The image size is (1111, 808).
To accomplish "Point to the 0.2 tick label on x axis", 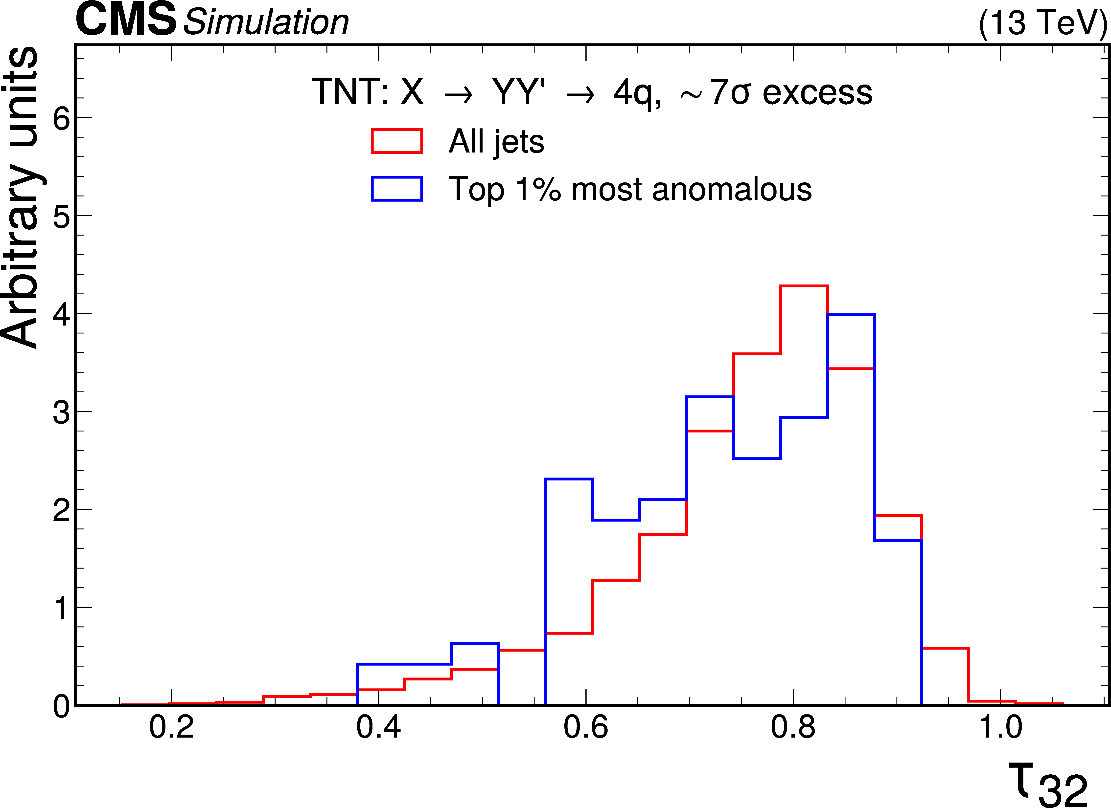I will pos(171,727).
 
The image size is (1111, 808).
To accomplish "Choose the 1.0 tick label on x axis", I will pos(1000,727).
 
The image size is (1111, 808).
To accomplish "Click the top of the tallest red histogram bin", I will pos(804,286).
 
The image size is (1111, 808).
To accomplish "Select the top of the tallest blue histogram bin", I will pos(851,315).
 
